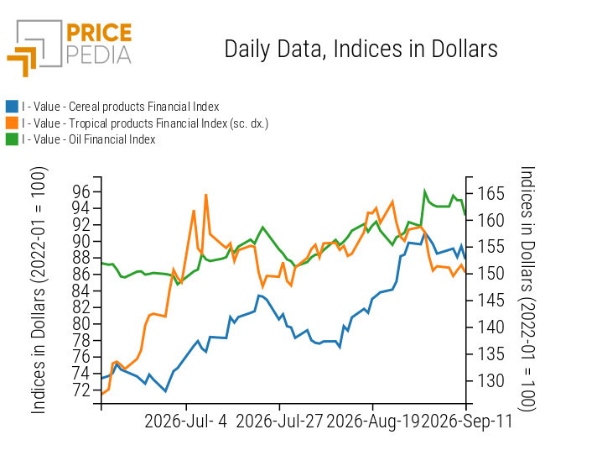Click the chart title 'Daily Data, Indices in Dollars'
(x=361, y=50)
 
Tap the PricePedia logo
(x=70, y=48)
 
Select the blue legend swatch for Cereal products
(x=12, y=107)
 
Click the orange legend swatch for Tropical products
(x=12, y=123)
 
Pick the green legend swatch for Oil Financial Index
(x=12, y=139)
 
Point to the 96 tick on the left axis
(x=81, y=191)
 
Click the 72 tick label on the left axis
(x=81, y=390)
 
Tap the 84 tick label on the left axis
(x=81, y=291)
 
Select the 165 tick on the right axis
(x=491, y=193)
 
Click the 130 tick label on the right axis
(x=491, y=380)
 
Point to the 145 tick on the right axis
(x=491, y=301)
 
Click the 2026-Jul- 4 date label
(x=186, y=421)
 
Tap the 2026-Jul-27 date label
(x=279, y=421)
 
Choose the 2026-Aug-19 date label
(x=372, y=421)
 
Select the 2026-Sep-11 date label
(x=466, y=421)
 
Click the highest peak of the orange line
(x=206, y=195)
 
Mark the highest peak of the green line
(x=425, y=191)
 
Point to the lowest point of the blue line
(x=166, y=391)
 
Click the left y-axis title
(x=39, y=291)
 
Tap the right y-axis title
(x=527, y=289)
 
